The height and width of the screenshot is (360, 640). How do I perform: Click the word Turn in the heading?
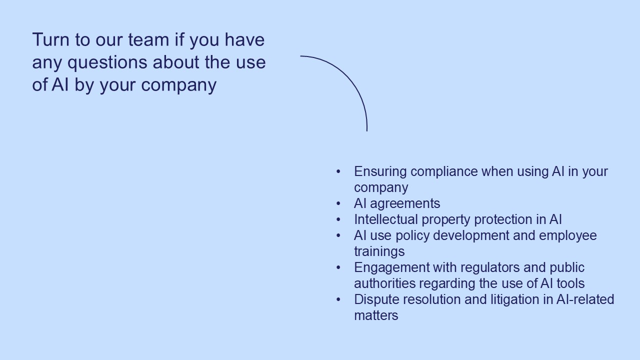[51, 39]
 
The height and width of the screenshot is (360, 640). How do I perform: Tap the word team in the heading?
[148, 39]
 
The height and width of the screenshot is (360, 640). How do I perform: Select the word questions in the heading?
[107, 63]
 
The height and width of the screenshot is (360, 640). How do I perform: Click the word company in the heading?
[179, 85]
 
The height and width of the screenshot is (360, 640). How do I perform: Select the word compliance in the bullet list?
[444, 172]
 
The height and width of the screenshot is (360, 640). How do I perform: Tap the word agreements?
[405, 204]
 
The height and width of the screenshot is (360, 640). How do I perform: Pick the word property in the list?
[446, 220]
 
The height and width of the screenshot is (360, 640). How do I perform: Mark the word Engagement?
[391, 268]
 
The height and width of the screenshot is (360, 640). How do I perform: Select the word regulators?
[490, 267]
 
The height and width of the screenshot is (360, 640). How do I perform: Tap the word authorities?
[385, 283]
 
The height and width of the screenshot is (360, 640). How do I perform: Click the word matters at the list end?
[376, 315]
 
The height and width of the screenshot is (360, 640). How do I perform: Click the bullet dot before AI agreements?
[338, 203]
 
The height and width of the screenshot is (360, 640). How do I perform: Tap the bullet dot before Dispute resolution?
[338, 299]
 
